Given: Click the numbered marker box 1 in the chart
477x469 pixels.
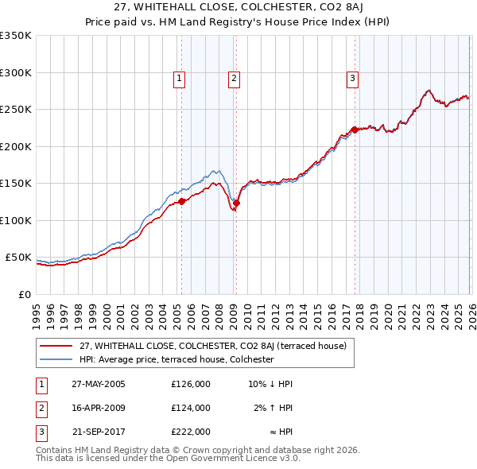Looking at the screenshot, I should (180, 78).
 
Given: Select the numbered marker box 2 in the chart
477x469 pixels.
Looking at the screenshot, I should (235, 78).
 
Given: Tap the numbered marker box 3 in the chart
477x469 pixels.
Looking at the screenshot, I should (352, 78).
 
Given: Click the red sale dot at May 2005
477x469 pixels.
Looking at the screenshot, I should (181, 201).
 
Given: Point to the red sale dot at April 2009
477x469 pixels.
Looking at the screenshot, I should (236, 203).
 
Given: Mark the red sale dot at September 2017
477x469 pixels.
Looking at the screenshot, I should (354, 130).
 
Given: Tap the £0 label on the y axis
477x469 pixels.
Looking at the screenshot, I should (24, 294).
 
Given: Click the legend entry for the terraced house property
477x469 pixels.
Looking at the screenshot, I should (212, 346).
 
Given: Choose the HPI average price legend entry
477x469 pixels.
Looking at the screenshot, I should (176, 359).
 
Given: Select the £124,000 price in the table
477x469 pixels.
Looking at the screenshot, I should (191, 408).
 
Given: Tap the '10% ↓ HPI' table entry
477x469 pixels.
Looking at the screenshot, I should (270, 384).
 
